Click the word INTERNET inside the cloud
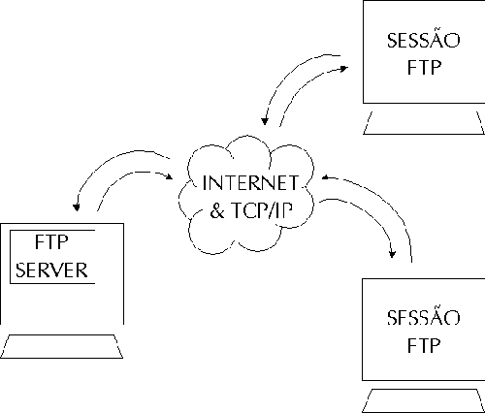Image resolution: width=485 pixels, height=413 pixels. click(x=250, y=183)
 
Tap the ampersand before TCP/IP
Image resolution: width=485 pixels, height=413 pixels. click(x=217, y=210)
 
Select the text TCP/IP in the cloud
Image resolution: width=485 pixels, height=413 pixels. click(x=262, y=210)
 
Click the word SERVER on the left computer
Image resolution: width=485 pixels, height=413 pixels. click(x=51, y=270)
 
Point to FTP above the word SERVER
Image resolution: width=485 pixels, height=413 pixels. click(x=51, y=242)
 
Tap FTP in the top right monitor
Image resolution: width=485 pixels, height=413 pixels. click(x=424, y=68)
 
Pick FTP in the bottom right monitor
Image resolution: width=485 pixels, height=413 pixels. click(x=424, y=345)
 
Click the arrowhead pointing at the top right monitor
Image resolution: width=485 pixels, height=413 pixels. click(x=344, y=69)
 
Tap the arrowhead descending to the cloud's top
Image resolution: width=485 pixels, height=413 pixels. click(x=265, y=121)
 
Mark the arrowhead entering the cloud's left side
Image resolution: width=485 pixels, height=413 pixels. click(x=169, y=176)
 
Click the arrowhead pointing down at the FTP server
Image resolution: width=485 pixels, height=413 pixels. click(x=77, y=207)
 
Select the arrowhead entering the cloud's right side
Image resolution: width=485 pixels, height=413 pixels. click(x=326, y=177)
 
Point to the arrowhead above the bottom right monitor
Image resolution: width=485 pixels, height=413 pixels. click(x=392, y=254)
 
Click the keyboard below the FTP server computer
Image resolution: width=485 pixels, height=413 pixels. click(x=61, y=346)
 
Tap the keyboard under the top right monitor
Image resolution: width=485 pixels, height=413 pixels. click(x=424, y=123)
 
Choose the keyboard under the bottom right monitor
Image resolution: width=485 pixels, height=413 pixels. click(x=424, y=400)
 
